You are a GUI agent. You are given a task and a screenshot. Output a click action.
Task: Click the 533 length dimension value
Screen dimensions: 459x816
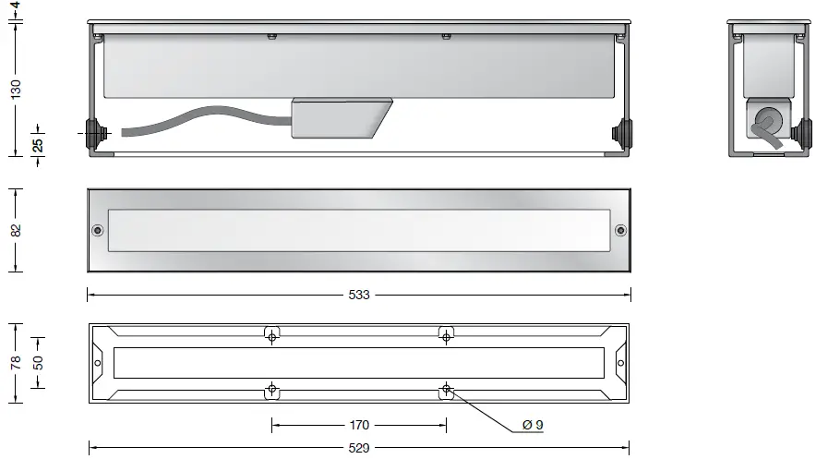pyautogui.click(x=359, y=295)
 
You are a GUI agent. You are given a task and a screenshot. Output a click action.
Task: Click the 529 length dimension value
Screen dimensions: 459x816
pyautogui.click(x=359, y=448)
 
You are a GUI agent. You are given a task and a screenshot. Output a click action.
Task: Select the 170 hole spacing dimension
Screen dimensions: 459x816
pyautogui.click(x=359, y=425)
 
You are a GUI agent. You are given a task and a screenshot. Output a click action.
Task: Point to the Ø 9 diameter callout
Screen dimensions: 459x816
pyautogui.click(x=533, y=425)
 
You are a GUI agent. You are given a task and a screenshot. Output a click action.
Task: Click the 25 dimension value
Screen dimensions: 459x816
pyautogui.click(x=38, y=144)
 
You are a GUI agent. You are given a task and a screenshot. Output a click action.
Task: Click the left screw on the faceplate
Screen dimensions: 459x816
pyautogui.click(x=98, y=230)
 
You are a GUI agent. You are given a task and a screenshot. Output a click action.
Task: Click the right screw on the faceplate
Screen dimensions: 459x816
pyautogui.click(x=620, y=230)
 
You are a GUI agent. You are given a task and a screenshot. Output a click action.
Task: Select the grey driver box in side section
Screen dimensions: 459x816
pyautogui.click(x=340, y=118)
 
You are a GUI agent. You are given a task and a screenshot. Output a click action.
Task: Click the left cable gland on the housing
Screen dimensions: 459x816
pyautogui.click(x=94, y=133)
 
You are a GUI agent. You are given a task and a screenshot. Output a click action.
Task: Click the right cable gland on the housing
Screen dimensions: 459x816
pyautogui.click(x=624, y=133)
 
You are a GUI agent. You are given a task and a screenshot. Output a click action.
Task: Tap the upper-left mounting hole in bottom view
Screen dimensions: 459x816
pyautogui.click(x=272, y=337)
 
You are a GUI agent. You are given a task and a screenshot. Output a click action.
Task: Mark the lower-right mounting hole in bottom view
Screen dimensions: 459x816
pyautogui.click(x=446, y=388)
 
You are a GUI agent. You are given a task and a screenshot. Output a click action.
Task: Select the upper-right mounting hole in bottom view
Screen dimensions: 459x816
pyautogui.click(x=446, y=337)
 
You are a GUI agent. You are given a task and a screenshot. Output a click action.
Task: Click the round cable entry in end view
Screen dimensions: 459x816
pyautogui.click(x=765, y=121)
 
